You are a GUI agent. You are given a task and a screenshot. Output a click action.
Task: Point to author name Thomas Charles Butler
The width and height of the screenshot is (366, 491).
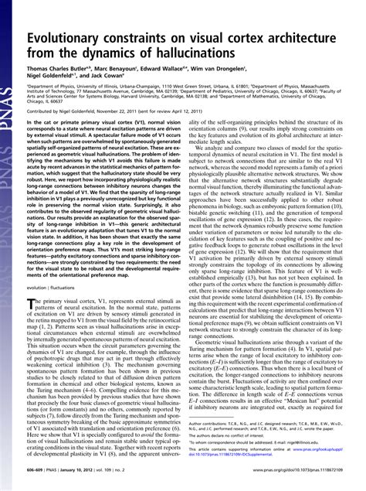[61, 77]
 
